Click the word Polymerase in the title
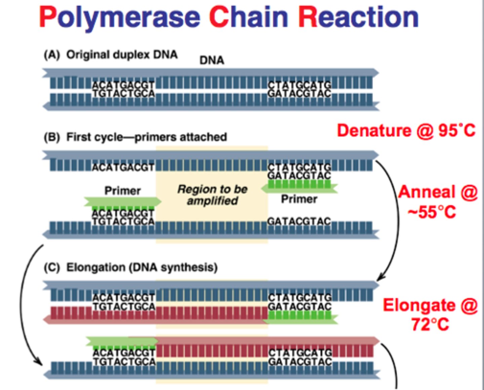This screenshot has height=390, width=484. (119, 17)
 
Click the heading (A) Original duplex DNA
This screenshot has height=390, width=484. (111, 55)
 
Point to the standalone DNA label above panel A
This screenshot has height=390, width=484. (212, 60)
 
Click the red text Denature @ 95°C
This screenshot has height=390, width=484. (406, 130)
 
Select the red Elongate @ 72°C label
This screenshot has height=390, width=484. (430, 315)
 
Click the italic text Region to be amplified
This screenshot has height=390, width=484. (212, 195)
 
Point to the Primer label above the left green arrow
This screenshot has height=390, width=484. (122, 191)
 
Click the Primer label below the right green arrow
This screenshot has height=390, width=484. (299, 199)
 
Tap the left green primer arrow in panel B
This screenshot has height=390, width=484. (123, 202)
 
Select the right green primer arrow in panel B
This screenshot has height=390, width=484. (299, 187)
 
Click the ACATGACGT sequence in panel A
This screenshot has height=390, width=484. (123, 85)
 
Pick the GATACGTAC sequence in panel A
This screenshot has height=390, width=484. (299, 93)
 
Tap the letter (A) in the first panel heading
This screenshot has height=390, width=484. (51, 55)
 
